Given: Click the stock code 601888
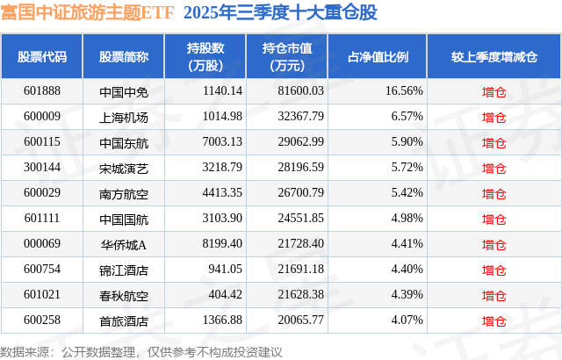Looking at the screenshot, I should coord(42,90).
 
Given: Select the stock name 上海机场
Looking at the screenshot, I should coord(123,116).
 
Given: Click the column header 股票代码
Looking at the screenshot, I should coord(42,57).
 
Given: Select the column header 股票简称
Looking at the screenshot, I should coord(123,57).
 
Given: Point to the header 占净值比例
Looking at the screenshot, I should coord(385,57).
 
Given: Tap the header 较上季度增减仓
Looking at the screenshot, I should coord(494,57).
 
